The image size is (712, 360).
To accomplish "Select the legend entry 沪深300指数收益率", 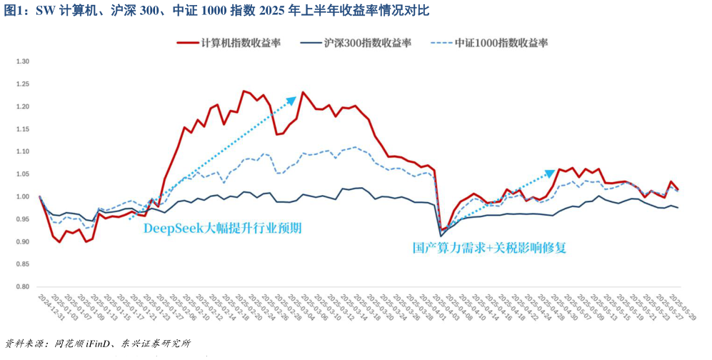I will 367,43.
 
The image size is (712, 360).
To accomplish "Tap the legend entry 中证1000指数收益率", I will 501,43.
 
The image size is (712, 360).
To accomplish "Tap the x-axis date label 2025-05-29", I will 668,308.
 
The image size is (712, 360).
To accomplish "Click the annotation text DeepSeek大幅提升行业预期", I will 222,229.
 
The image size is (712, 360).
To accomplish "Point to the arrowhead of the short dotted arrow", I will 551,172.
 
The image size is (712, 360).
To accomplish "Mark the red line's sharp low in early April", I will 441,230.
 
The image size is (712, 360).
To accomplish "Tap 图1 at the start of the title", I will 14,10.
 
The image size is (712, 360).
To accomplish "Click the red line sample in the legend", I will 188,43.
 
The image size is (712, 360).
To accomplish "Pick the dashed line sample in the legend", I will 441,43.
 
